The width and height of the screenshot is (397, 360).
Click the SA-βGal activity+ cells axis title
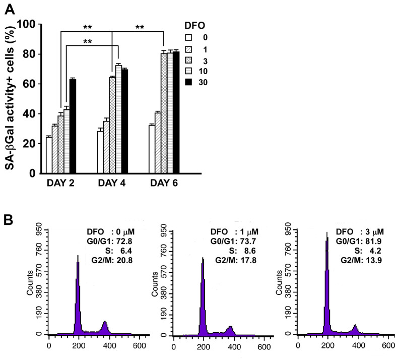coord(10,98)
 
